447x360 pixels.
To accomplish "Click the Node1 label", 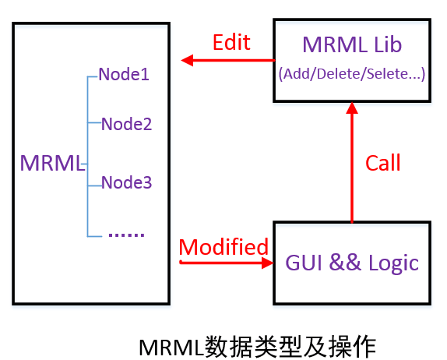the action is [124, 74].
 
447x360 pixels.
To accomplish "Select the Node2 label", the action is [127, 124].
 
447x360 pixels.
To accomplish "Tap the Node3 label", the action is [127, 182].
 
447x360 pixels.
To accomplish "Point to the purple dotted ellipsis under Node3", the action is [127, 235].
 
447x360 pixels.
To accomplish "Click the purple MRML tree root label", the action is [52, 163].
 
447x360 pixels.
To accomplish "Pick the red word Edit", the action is [231, 42].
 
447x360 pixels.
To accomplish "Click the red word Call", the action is [383, 163].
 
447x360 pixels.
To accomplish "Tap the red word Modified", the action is [223, 247].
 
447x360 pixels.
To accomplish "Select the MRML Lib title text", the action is [352, 44].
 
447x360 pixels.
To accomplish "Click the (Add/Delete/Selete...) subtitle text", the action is [352, 74].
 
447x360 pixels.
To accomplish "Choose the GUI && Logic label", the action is [352, 263].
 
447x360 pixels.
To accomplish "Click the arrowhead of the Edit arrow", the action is [187, 60].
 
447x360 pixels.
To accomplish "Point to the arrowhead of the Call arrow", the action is [352, 108].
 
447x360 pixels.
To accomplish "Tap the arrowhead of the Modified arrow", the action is [267, 263].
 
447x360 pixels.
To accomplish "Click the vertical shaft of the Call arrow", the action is [352, 168].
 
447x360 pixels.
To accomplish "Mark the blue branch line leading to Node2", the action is [94, 122].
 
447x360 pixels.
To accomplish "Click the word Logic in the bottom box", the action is [394, 263].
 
